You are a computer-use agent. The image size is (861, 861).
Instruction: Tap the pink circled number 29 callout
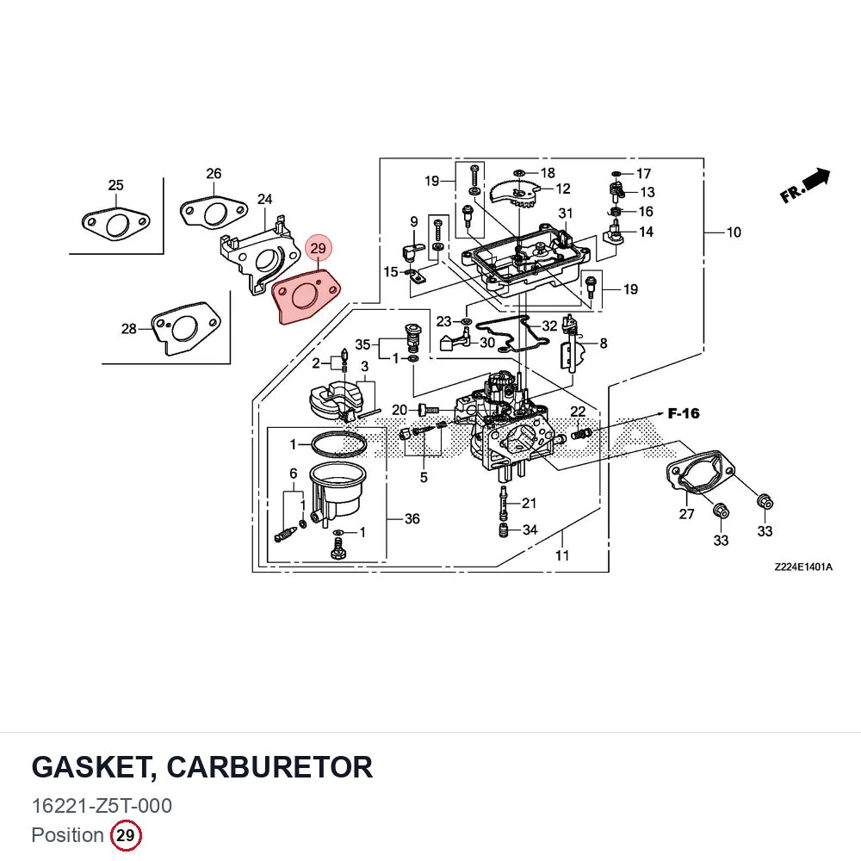click(x=319, y=248)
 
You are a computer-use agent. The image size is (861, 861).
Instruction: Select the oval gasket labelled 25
click(x=116, y=224)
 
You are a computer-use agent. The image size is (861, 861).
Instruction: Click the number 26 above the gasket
click(x=214, y=174)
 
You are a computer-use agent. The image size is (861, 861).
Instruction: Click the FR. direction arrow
click(x=806, y=185)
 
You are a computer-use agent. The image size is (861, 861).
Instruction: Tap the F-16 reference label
click(x=684, y=413)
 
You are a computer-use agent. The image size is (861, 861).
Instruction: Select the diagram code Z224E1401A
click(x=803, y=567)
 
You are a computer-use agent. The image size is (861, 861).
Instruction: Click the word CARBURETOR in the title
click(x=269, y=767)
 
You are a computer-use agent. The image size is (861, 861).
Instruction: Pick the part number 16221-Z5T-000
click(x=102, y=806)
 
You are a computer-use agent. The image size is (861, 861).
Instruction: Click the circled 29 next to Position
click(x=126, y=835)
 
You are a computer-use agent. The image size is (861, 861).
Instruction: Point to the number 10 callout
click(x=734, y=232)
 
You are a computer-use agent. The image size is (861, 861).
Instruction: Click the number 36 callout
click(x=412, y=518)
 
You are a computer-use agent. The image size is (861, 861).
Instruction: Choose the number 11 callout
click(x=562, y=555)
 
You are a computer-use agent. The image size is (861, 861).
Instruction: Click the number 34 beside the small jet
click(x=530, y=530)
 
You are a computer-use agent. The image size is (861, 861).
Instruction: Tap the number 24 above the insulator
click(x=264, y=199)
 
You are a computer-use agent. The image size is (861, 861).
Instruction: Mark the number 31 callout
click(x=566, y=213)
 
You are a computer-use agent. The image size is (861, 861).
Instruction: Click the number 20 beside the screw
click(x=400, y=410)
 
